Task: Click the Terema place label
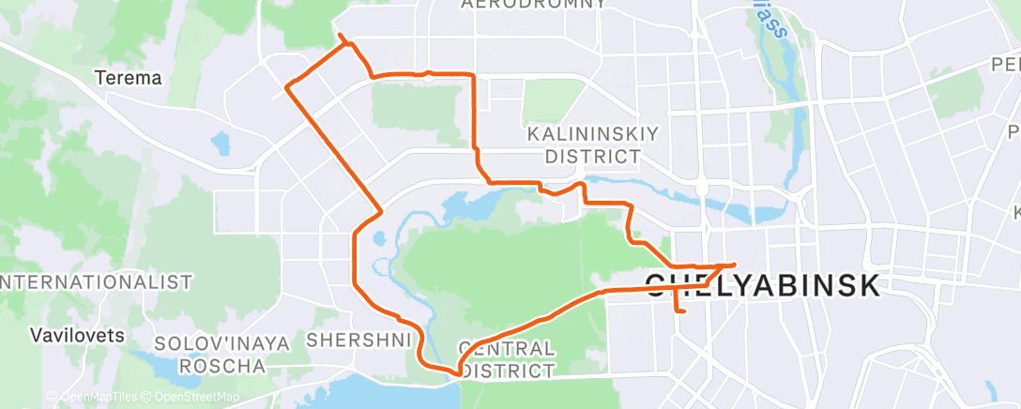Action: click(x=129, y=79)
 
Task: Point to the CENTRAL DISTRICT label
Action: click(x=506, y=359)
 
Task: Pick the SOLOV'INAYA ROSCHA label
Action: click(x=221, y=354)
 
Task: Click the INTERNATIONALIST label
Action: click(x=96, y=281)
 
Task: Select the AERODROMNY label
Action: click(x=533, y=5)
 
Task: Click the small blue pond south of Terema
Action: click(x=221, y=144)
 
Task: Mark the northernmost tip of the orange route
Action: click(x=339, y=36)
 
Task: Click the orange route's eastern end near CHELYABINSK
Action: click(x=734, y=265)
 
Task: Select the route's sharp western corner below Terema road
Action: click(x=288, y=87)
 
